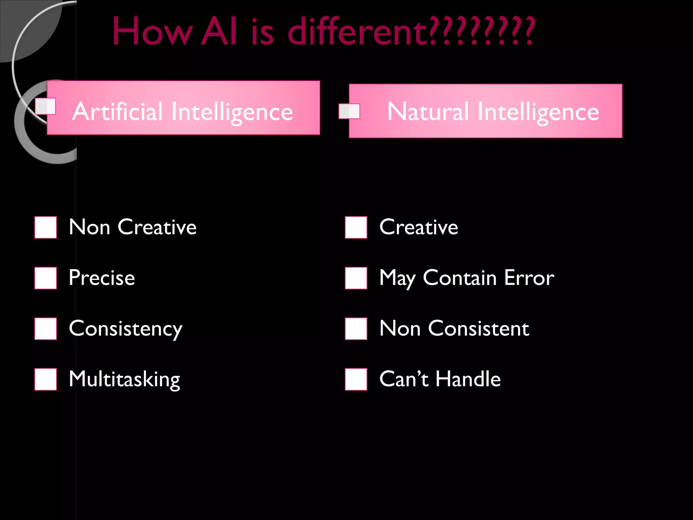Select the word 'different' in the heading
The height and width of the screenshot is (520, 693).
pyautogui.click(x=357, y=32)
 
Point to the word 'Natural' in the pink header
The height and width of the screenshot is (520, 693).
pyautogui.click(x=428, y=111)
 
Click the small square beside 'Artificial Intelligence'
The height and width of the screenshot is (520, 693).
pyautogui.click(x=46, y=106)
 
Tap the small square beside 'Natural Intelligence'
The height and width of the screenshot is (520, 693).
pyautogui.click(x=349, y=111)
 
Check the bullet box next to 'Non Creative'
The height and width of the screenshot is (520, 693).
pyautogui.click(x=46, y=227)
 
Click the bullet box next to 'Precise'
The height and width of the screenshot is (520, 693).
pyautogui.click(x=46, y=278)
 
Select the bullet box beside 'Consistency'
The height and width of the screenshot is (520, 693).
pyautogui.click(x=46, y=329)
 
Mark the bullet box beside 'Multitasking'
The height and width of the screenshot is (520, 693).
pyautogui.click(x=46, y=380)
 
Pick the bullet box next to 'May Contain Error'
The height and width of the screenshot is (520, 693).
pyautogui.click(x=356, y=278)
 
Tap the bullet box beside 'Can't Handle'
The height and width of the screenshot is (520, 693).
pyautogui.click(x=356, y=380)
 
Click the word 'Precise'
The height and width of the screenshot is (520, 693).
pyautogui.click(x=102, y=278)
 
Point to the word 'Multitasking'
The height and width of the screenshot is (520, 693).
pyautogui.click(x=125, y=379)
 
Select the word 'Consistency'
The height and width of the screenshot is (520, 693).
pyautogui.click(x=126, y=329)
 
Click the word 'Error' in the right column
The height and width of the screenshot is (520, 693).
pyautogui.click(x=529, y=278)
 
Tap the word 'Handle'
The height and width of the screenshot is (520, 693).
pyautogui.click(x=468, y=379)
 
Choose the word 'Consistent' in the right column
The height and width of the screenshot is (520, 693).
pyautogui.click(x=478, y=328)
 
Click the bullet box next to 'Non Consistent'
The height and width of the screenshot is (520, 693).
pyautogui.click(x=356, y=329)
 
